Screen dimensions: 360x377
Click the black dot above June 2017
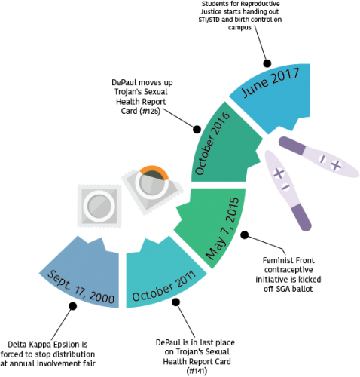[x=267, y=63]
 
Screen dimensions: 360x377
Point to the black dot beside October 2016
[x=197, y=130]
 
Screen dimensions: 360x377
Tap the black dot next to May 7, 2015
[x=245, y=235]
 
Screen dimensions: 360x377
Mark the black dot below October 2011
[x=176, y=302]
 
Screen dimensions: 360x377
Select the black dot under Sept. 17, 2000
[x=73, y=306]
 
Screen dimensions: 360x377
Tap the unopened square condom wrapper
[x=99, y=206]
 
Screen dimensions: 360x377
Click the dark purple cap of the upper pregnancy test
[x=291, y=146]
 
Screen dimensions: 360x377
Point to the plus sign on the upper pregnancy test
[x=336, y=165]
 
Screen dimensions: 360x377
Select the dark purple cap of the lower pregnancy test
[x=301, y=217]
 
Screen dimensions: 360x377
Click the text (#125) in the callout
[x=150, y=111]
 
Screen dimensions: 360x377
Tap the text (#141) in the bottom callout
[x=197, y=371]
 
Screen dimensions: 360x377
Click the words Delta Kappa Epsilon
[x=47, y=345]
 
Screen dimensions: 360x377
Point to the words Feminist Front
[x=288, y=260]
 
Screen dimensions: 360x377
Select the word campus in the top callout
[x=239, y=27]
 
